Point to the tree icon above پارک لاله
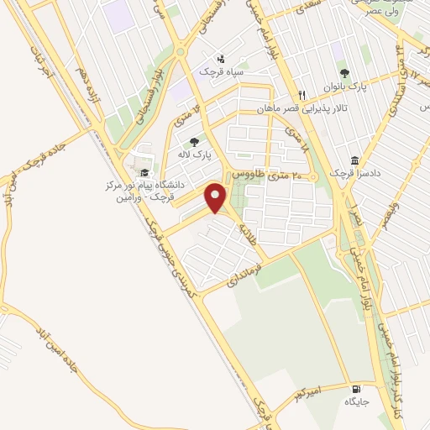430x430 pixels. click(194, 142)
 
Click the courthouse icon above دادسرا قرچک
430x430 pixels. click(355, 160)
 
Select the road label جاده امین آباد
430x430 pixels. click(54, 361)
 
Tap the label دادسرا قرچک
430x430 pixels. click(354, 173)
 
